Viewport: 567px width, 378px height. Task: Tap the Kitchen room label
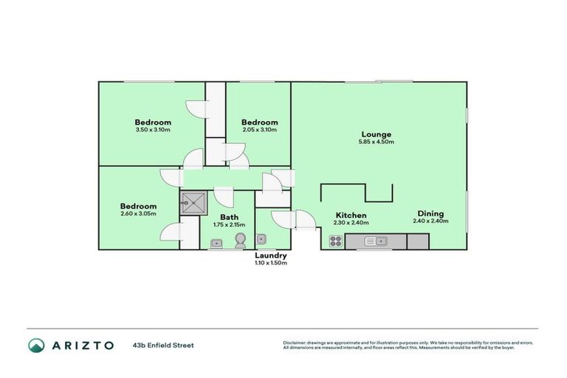tap(350, 216)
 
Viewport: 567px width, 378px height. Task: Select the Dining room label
tap(430, 214)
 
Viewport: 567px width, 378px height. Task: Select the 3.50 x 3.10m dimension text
tap(153, 130)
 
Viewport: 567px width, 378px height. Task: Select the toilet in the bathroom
tap(240, 241)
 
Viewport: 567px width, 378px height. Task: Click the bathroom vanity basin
tap(216, 242)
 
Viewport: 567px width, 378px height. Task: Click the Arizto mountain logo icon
tap(36, 345)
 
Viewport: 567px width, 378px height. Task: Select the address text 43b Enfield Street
tap(163, 345)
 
